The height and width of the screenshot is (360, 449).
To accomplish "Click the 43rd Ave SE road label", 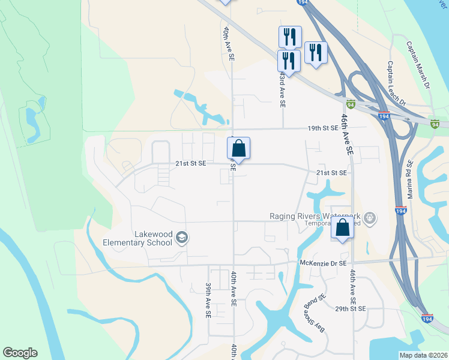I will [x=282, y=90].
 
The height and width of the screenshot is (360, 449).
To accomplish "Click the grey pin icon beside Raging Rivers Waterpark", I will [x=370, y=217].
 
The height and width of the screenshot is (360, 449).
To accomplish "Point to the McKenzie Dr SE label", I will [x=323, y=263].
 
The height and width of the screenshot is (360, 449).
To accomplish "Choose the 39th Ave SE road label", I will [x=208, y=300].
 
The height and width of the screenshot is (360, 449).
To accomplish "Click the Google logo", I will [x=20, y=353].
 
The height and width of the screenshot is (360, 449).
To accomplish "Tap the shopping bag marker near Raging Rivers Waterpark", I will [x=342, y=229].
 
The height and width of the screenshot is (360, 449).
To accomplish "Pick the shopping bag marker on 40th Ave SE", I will [x=238, y=148].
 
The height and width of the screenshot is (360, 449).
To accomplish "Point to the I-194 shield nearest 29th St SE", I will [x=427, y=318].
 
